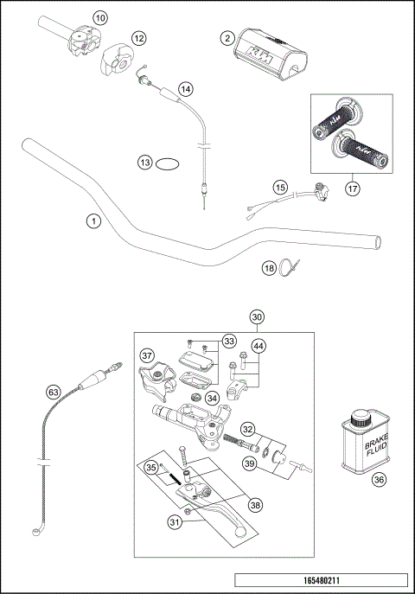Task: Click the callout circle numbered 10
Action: [x=100, y=17]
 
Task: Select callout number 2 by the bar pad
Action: [x=227, y=38]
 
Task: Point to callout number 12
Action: [x=138, y=39]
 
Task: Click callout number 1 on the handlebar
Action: [x=93, y=221]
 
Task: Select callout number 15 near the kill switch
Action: [x=279, y=187]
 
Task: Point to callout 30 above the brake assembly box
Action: [x=257, y=317]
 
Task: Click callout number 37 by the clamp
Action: [x=147, y=354]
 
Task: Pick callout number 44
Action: [x=258, y=346]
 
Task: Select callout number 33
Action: [x=229, y=342]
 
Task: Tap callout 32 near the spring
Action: [x=247, y=429]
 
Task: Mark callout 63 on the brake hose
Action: [x=54, y=392]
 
